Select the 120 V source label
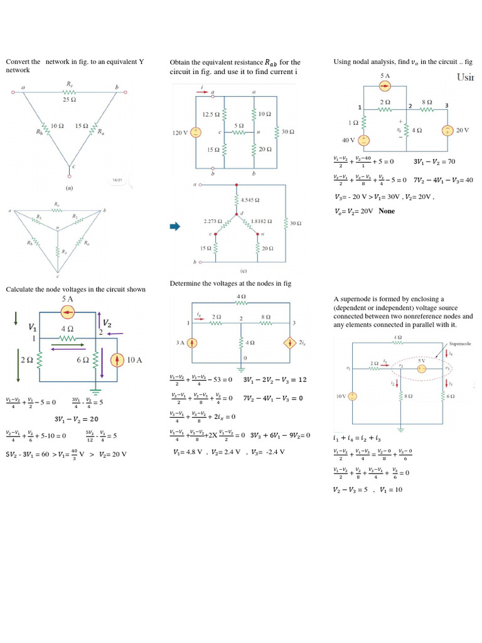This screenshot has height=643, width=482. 181,133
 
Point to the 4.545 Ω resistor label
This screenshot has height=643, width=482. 250,201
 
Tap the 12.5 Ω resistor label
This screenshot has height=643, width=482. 211,115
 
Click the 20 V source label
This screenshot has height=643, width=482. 463,130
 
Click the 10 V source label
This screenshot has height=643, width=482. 341,396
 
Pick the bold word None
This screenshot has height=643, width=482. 387,211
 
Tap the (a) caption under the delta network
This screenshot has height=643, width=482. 70,187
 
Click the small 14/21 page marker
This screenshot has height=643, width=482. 116,180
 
